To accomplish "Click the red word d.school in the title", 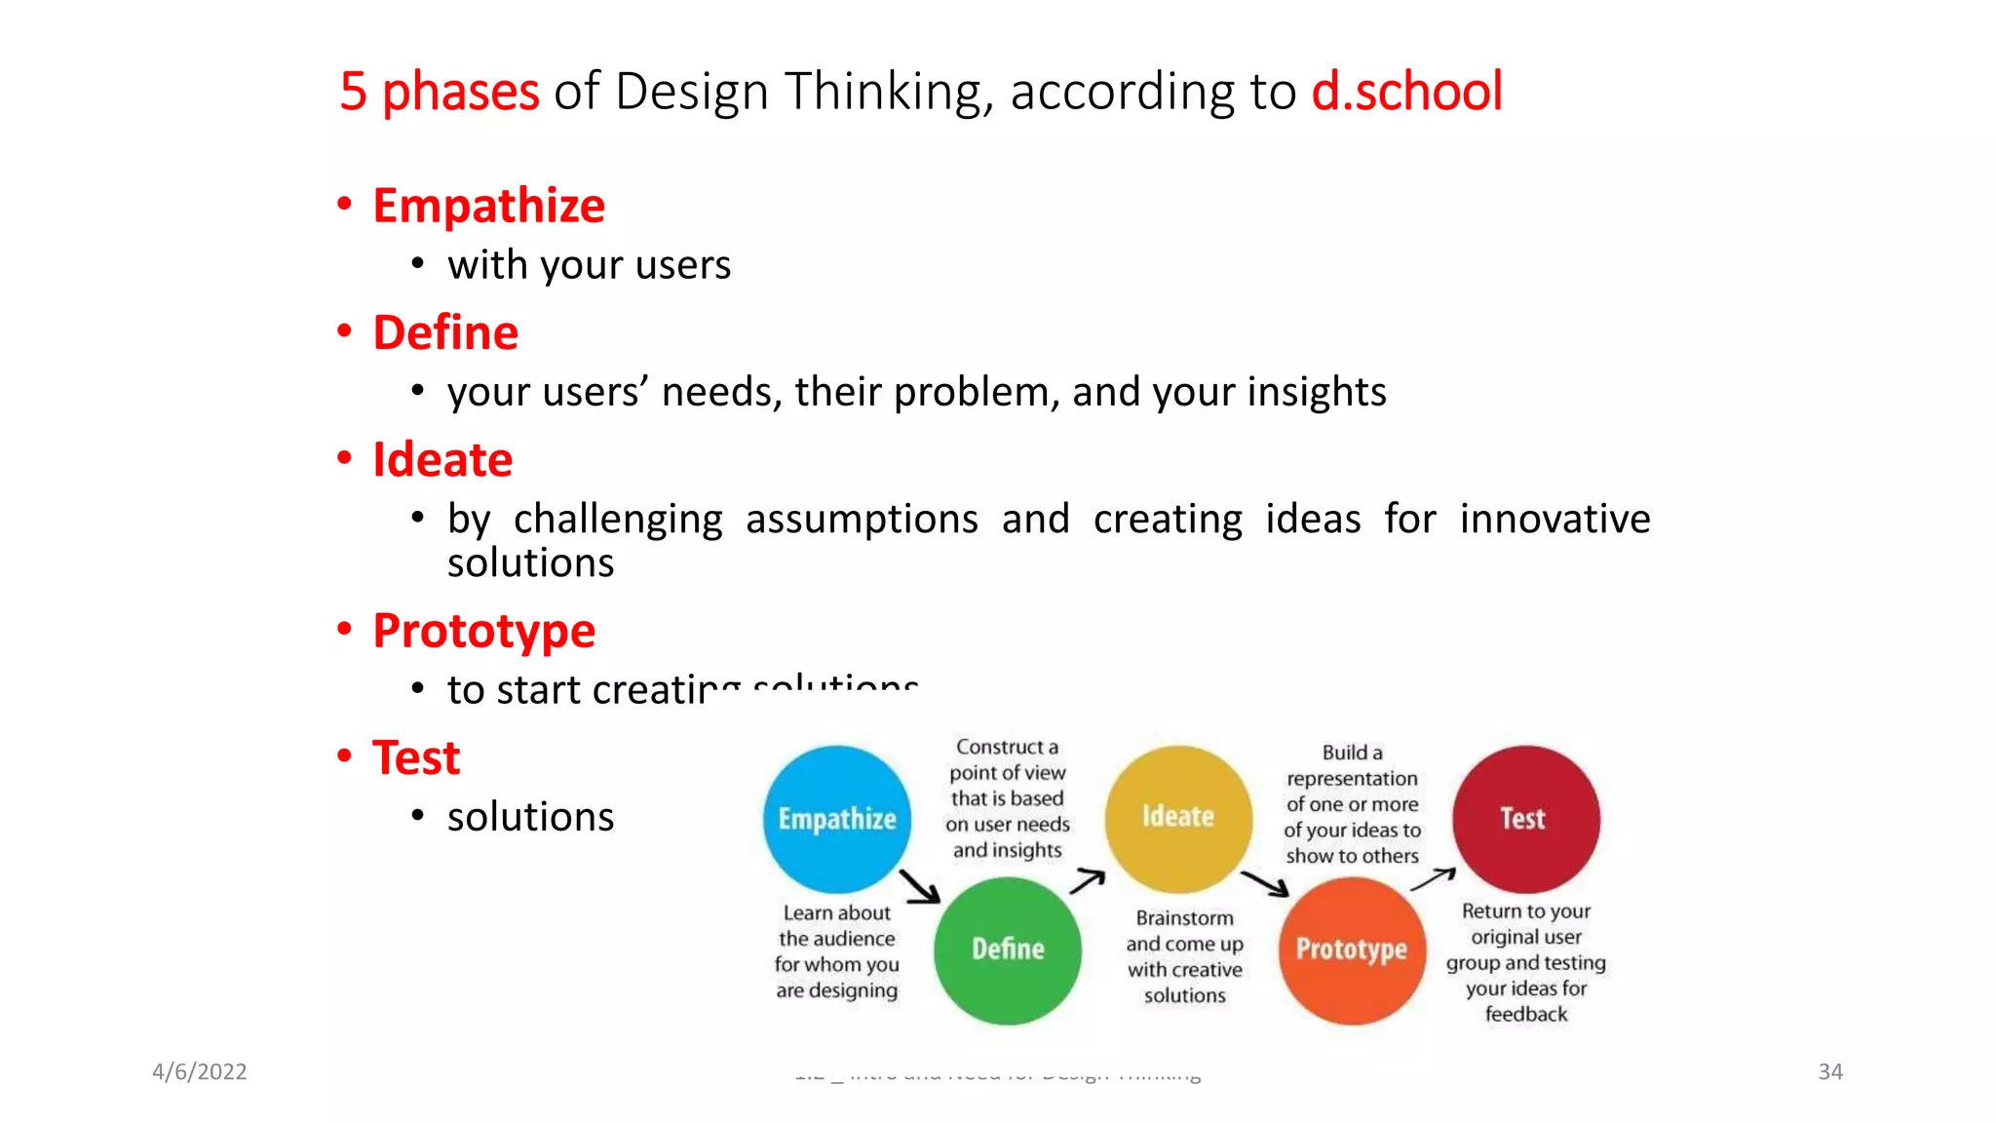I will coord(1406,92).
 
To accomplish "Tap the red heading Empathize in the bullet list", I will coord(488,206).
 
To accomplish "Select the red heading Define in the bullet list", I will coord(445,333).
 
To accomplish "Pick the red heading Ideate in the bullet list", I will coord(442,460).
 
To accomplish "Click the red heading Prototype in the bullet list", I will coord(483,631).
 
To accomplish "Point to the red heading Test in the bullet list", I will coord(416,758).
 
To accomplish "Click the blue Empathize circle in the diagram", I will coord(836,819).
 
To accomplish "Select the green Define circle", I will coord(1008,949).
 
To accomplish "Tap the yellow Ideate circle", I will coord(1178,817).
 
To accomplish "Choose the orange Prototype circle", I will coord(1352,949).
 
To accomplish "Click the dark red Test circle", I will coord(1525,819).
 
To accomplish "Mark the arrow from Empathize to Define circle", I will coord(919,886).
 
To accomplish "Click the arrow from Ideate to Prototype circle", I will coord(1264,883).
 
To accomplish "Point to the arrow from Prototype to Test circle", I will coord(1433,879).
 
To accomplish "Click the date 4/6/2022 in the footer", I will coord(200,1071).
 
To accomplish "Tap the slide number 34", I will coord(1829,1071).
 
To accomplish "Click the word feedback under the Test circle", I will coord(1525,1014).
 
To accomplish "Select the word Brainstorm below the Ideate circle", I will coord(1184,918).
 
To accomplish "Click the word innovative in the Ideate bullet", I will coord(1555,519).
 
